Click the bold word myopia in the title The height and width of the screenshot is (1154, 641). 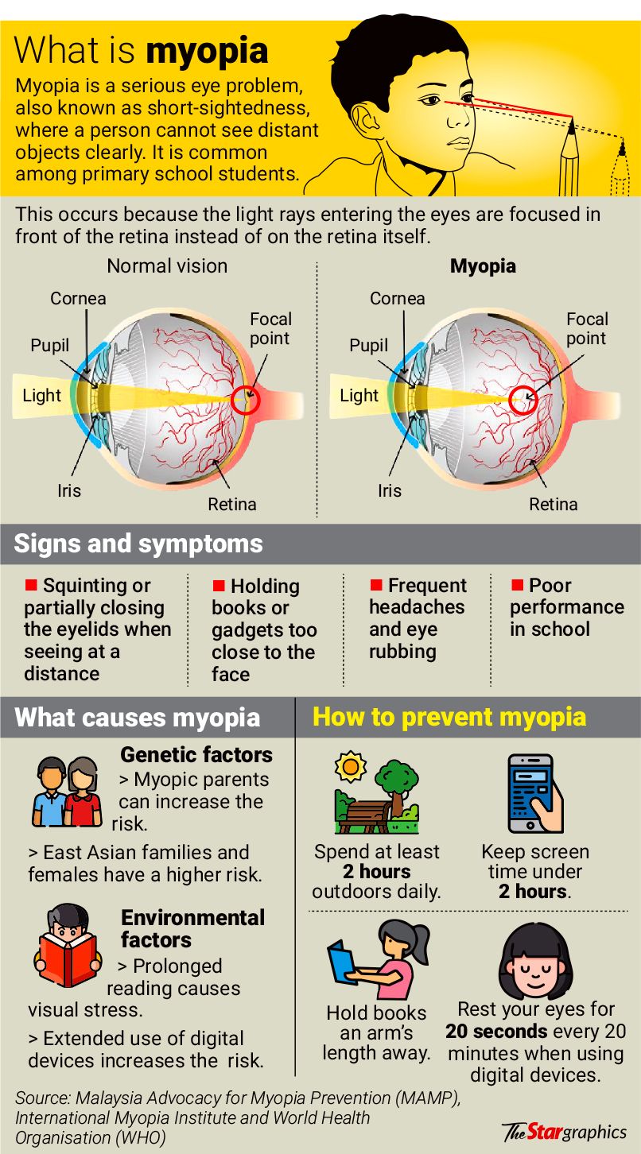point(208,52)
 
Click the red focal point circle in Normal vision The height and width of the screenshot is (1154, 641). point(246,401)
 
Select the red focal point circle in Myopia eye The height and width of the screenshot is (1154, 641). point(523,399)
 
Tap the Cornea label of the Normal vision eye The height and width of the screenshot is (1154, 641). point(78,299)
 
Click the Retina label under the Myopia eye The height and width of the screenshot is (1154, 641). point(554,504)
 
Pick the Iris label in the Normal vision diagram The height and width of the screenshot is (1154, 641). point(69,490)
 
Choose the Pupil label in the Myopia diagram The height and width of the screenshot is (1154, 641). point(369,346)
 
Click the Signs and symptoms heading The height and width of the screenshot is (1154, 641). point(138,544)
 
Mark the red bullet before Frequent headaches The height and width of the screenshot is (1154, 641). point(376,586)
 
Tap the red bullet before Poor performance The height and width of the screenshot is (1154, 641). point(517,586)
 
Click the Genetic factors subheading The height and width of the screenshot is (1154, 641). point(196,754)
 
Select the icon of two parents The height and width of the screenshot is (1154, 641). point(67,792)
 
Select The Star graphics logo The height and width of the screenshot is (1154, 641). point(564,1132)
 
